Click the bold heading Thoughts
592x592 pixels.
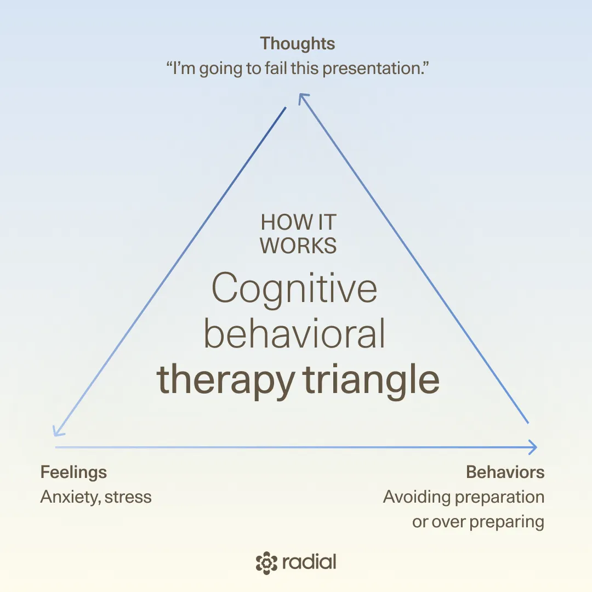click(x=298, y=44)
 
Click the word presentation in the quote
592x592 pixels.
click(x=375, y=69)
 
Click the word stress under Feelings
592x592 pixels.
click(x=128, y=497)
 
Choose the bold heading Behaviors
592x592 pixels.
click(x=505, y=473)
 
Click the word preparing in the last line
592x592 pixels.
click(x=507, y=522)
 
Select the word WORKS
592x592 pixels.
click(x=298, y=246)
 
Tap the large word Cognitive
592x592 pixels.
click(x=294, y=289)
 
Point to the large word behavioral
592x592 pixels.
click(x=294, y=334)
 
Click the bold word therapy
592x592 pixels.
click(x=225, y=380)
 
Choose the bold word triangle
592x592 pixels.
click(x=371, y=380)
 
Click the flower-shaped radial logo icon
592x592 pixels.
click(x=266, y=563)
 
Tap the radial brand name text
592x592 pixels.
click(x=309, y=562)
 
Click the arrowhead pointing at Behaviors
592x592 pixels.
click(x=533, y=447)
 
